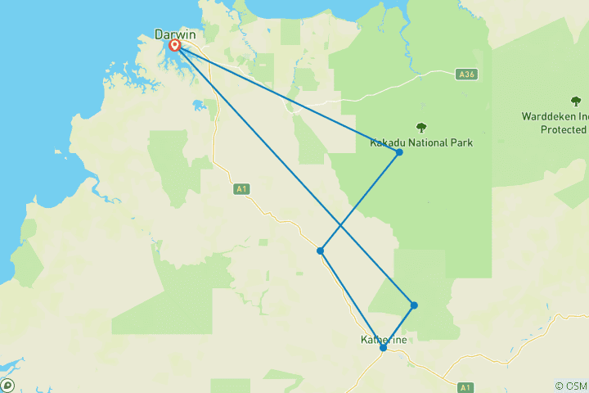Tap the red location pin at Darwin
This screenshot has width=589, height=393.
pyautogui.click(x=174, y=46)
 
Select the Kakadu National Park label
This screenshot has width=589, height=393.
pyautogui.click(x=421, y=142)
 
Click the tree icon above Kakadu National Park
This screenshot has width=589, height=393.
pyautogui.click(x=421, y=127)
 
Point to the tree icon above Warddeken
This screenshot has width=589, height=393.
pyautogui.click(x=576, y=102)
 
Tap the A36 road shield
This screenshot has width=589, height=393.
pyautogui.click(x=467, y=75)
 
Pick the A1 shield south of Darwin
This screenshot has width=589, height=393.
pyautogui.click(x=241, y=189)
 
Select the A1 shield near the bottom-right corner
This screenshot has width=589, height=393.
pyautogui.click(x=465, y=386)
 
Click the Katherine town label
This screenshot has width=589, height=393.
pyautogui.click(x=384, y=340)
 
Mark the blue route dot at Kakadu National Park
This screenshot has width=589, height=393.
pyautogui.click(x=399, y=152)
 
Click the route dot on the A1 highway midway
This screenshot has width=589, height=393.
pyautogui.click(x=321, y=251)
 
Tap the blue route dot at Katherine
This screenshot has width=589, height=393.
pyautogui.click(x=383, y=348)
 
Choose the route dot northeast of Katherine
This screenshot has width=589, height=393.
pyautogui.click(x=415, y=305)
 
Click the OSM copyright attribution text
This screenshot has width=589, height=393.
pyautogui.click(x=571, y=386)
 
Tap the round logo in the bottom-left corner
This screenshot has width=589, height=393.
pyautogui.click(x=7, y=385)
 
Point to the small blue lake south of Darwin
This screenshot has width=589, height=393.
pyautogui.click(x=198, y=106)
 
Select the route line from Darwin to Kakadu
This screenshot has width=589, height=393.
pyautogui.click(x=286, y=99)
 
